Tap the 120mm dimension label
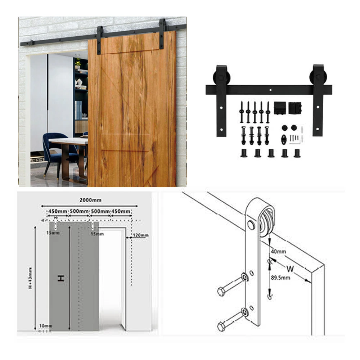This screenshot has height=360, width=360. [x=140, y=235]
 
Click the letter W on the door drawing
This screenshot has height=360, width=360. [x=291, y=268]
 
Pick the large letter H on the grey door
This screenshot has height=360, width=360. [x=62, y=278]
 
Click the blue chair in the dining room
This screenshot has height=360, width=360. [x=58, y=151]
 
